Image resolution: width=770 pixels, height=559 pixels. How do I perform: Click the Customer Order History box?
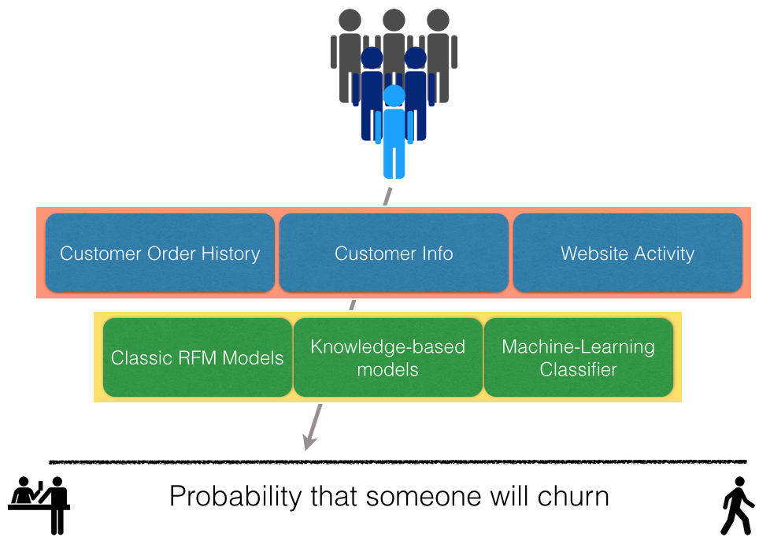pyautogui.click(x=160, y=253)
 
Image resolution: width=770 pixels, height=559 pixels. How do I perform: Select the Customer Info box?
pyautogui.click(x=394, y=253)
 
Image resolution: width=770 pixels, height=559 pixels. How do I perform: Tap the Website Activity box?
pyautogui.click(x=627, y=253)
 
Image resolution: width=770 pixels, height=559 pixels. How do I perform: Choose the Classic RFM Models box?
pyautogui.click(x=198, y=357)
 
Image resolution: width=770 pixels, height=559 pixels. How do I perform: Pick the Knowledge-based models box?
pyautogui.click(x=388, y=357)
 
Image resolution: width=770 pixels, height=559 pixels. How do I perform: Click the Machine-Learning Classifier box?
pyautogui.click(x=579, y=357)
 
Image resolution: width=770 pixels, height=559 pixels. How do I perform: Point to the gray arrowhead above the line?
pyautogui.click(x=309, y=441)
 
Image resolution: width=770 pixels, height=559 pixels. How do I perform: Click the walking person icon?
pyautogui.click(x=737, y=505)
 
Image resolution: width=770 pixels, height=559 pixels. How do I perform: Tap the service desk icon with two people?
pyautogui.click(x=39, y=505)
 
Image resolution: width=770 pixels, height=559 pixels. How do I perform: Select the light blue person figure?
pyautogui.click(x=394, y=131)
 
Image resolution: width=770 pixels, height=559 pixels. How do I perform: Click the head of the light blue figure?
pyautogui.click(x=394, y=96)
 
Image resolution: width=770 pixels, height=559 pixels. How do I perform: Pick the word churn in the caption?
pyautogui.click(x=573, y=496)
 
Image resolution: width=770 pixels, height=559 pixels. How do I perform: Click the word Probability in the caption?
pyautogui.click(x=235, y=497)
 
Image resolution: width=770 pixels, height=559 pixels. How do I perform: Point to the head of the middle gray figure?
pyautogui.click(x=394, y=20)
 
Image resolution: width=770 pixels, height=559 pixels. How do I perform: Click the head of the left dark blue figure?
pyautogui.click(x=372, y=57)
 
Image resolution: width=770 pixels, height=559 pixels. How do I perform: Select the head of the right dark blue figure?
pyautogui.click(x=416, y=57)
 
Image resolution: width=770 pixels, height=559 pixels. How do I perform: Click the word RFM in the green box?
pyautogui.click(x=198, y=357)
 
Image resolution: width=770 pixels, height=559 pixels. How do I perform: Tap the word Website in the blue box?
pyautogui.click(x=594, y=254)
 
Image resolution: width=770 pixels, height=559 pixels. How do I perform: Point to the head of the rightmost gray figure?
pyautogui.click(x=438, y=20)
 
